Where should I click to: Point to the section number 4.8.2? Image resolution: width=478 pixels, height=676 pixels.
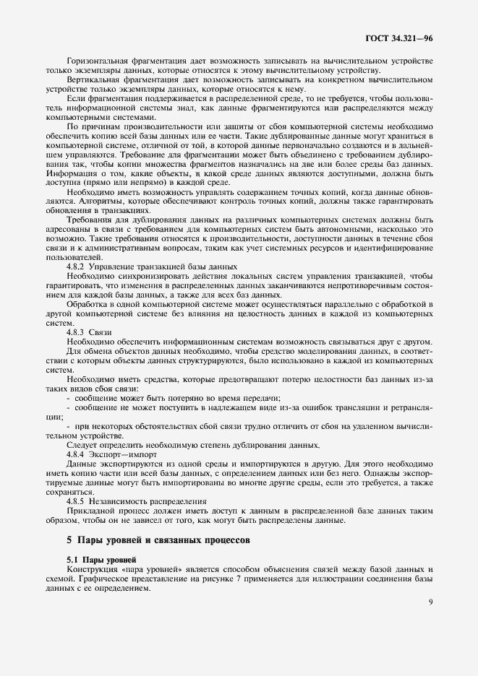click(75, 266)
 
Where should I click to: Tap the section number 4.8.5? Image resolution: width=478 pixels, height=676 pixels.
click(75, 500)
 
